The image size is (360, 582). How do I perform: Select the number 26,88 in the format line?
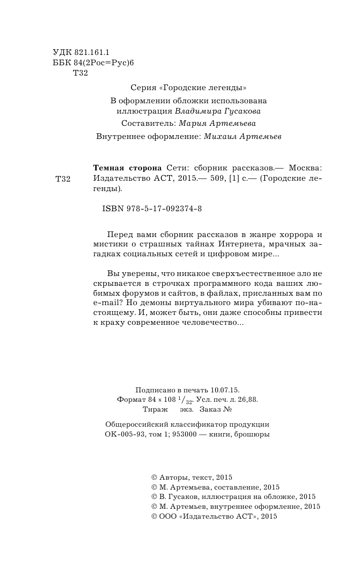coord(247,399)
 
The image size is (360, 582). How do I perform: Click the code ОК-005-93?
coord(124,435)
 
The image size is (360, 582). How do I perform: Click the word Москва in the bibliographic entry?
coord(306,168)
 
